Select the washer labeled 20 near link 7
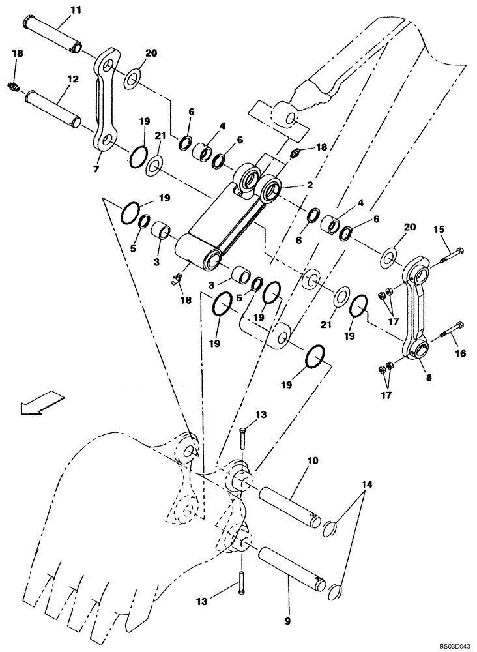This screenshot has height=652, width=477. (x=131, y=79)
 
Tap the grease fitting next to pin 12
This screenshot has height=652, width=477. (x=14, y=85)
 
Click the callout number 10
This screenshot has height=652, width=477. (x=312, y=461)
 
